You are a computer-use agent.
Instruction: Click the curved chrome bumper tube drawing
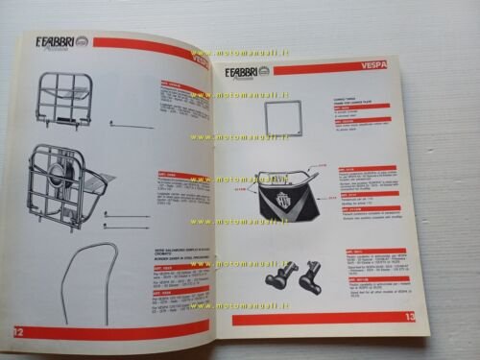[85, 288]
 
